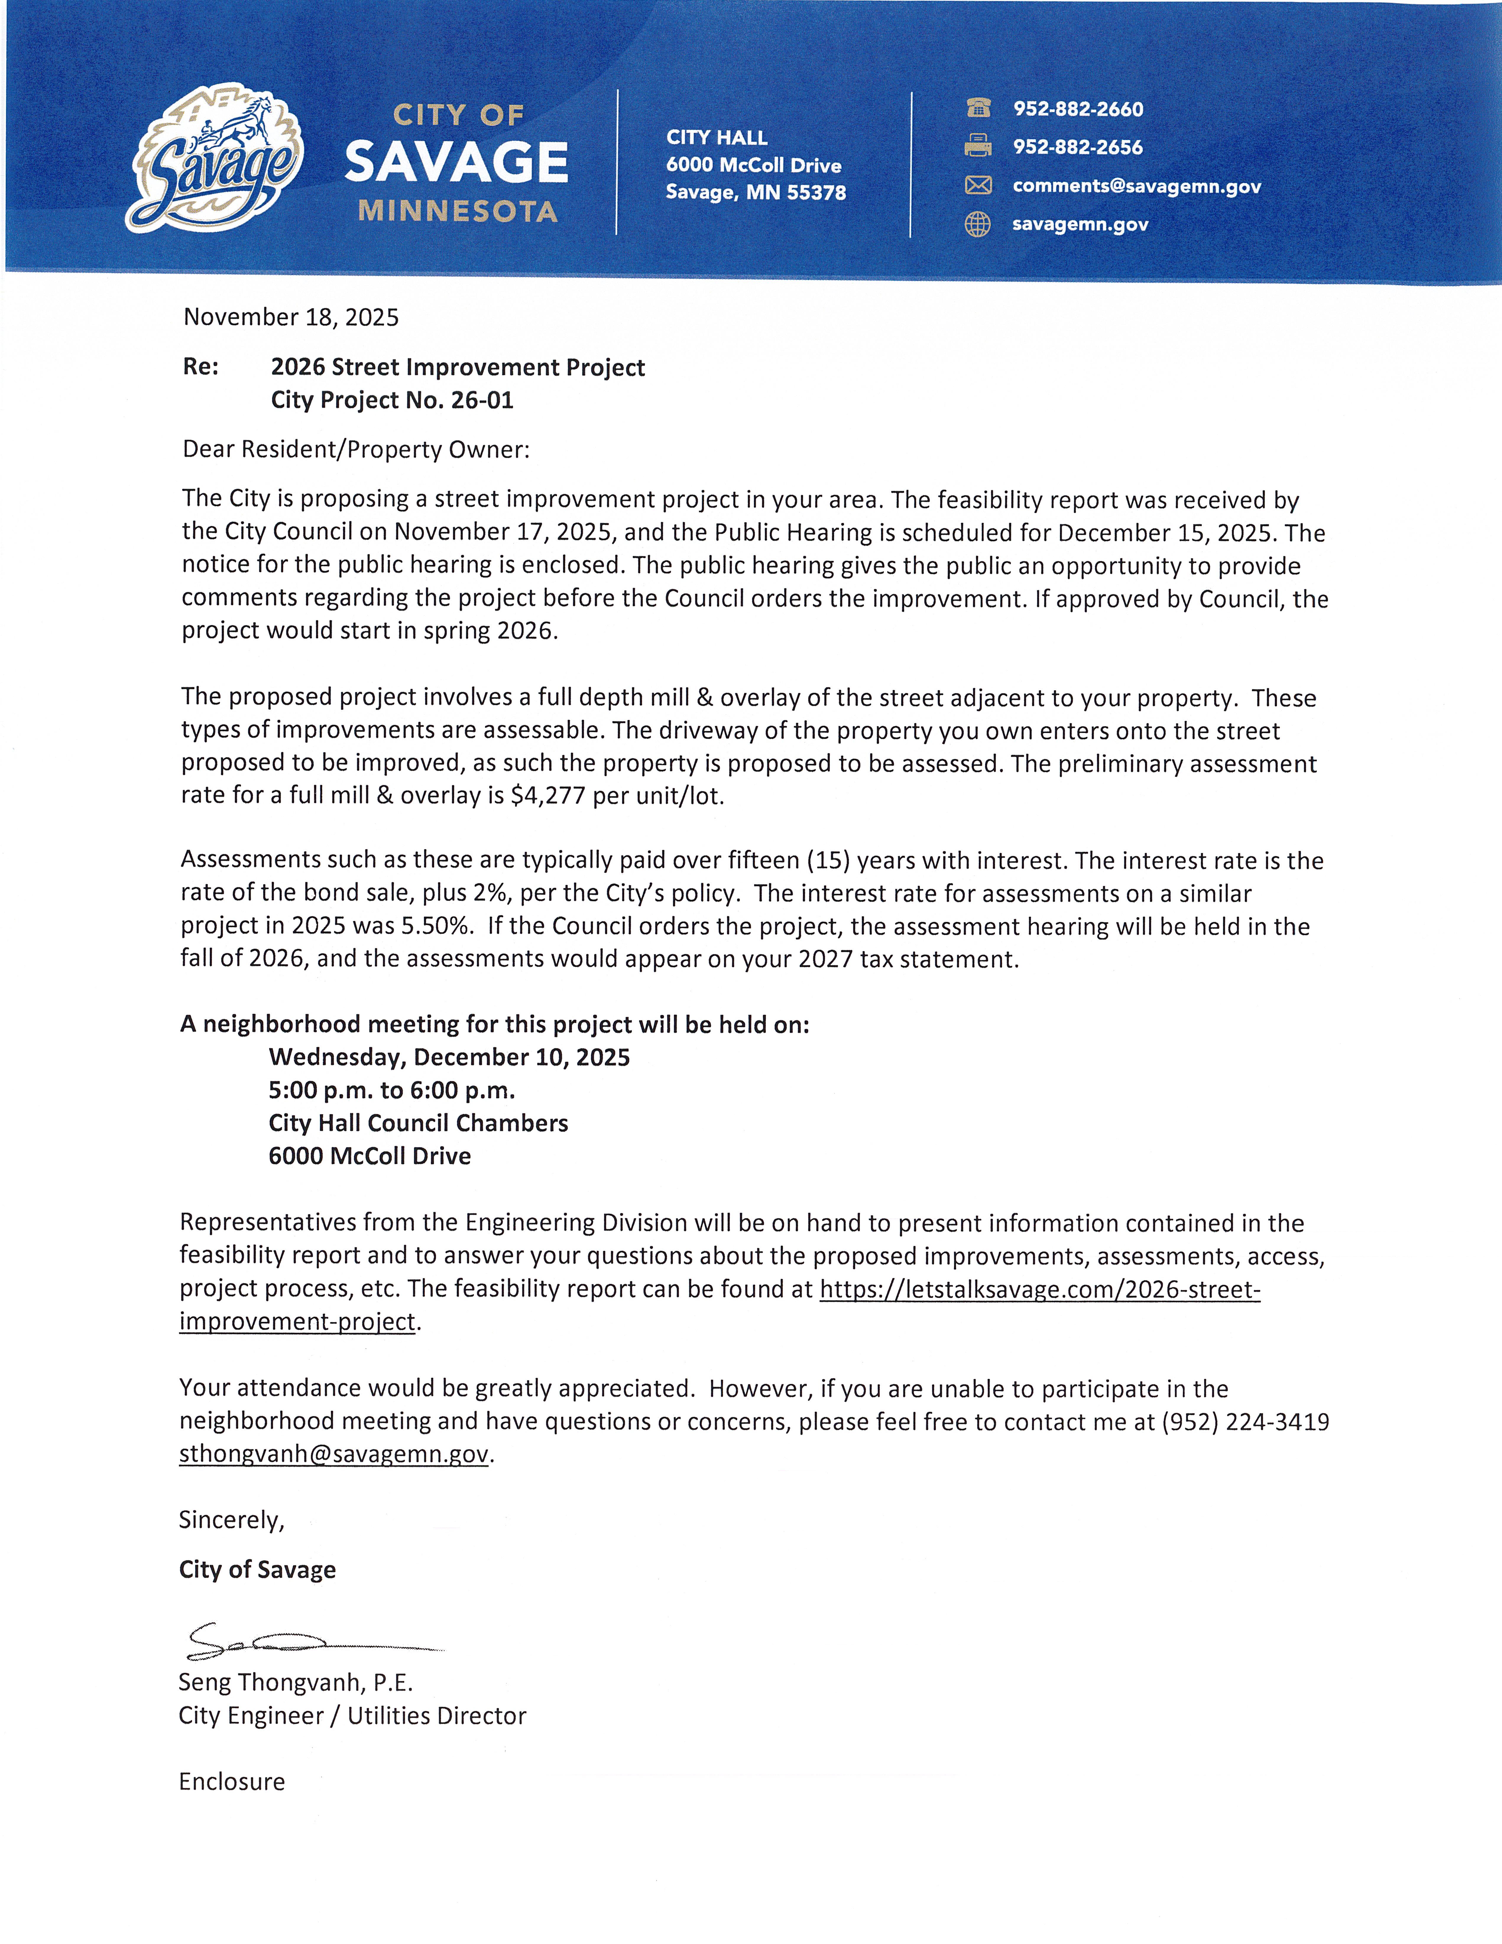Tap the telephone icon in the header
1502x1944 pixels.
tap(978, 108)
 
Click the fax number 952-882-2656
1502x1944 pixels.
tap(1077, 147)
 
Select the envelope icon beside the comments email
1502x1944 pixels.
tap(978, 185)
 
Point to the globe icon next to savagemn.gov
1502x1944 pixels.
tap(978, 224)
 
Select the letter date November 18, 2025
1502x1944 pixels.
tap(291, 318)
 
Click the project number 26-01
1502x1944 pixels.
tap(482, 401)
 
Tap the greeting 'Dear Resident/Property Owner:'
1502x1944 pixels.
tap(356, 450)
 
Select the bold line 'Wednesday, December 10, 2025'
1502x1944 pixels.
tap(449, 1057)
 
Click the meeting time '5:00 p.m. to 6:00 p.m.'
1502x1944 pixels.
tap(392, 1090)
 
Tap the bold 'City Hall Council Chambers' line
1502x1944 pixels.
tap(418, 1123)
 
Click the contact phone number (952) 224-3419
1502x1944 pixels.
tap(1245, 1422)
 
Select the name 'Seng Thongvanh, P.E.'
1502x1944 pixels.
tap(296, 1682)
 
